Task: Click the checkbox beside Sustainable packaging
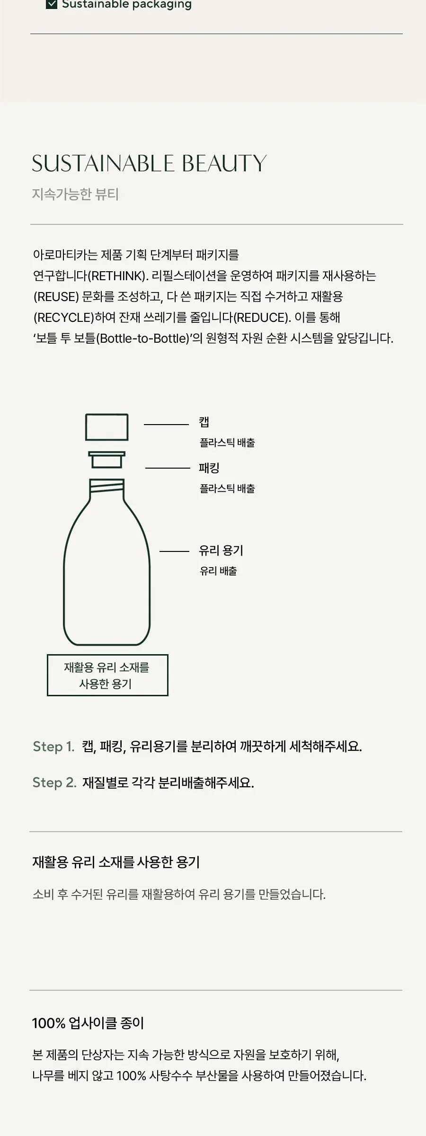coord(52,4)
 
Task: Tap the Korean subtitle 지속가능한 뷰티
coord(75,195)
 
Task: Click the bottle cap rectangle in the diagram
coord(106,427)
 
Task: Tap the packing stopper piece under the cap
coord(107,460)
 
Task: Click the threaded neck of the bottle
coord(107,486)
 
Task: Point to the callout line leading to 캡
coord(167,425)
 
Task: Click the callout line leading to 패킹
coord(168,468)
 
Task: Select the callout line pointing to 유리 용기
coord(174,551)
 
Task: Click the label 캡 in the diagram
coord(204,422)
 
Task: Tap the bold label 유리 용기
coord(221,550)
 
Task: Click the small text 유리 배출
coord(218,571)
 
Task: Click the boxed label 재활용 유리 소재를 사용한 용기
coord(107,675)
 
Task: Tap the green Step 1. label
coord(53,746)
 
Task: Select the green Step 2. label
coord(54,782)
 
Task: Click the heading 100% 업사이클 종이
coord(88,1023)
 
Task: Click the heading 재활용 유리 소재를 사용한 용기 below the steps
coord(116,862)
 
